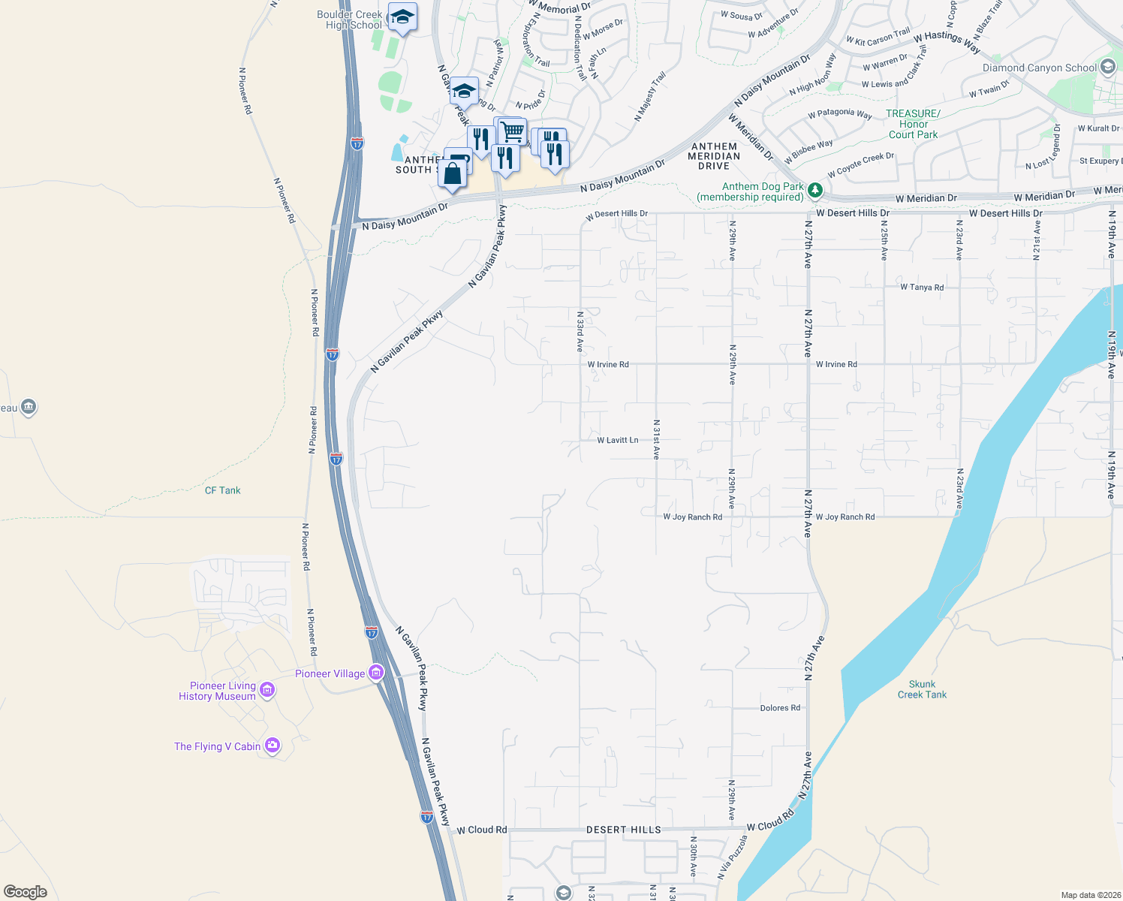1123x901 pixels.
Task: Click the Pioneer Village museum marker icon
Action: [x=376, y=673]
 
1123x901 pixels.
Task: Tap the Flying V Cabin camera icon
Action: [x=272, y=746]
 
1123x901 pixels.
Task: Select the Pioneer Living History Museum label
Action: [x=217, y=691]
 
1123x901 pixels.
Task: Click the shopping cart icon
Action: [x=512, y=132]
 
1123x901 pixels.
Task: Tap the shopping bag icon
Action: [x=453, y=174]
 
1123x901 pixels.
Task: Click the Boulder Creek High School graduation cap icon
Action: [x=402, y=17]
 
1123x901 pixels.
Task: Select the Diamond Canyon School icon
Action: [x=1108, y=67]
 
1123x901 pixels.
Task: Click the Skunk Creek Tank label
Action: [x=922, y=689]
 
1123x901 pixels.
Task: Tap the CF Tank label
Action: [x=223, y=490]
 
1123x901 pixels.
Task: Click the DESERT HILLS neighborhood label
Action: [x=624, y=830]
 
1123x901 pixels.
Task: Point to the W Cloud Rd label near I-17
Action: [x=482, y=830]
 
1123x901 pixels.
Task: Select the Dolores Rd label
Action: [x=780, y=708]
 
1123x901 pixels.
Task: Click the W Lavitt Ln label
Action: [x=618, y=440]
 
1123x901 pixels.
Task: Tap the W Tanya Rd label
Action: [x=922, y=287]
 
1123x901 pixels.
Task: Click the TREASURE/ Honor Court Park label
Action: [x=913, y=124]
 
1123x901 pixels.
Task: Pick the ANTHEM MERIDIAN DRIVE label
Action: [x=714, y=156]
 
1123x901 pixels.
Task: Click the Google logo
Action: [x=26, y=892]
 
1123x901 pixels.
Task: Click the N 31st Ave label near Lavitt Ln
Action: [x=656, y=439]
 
